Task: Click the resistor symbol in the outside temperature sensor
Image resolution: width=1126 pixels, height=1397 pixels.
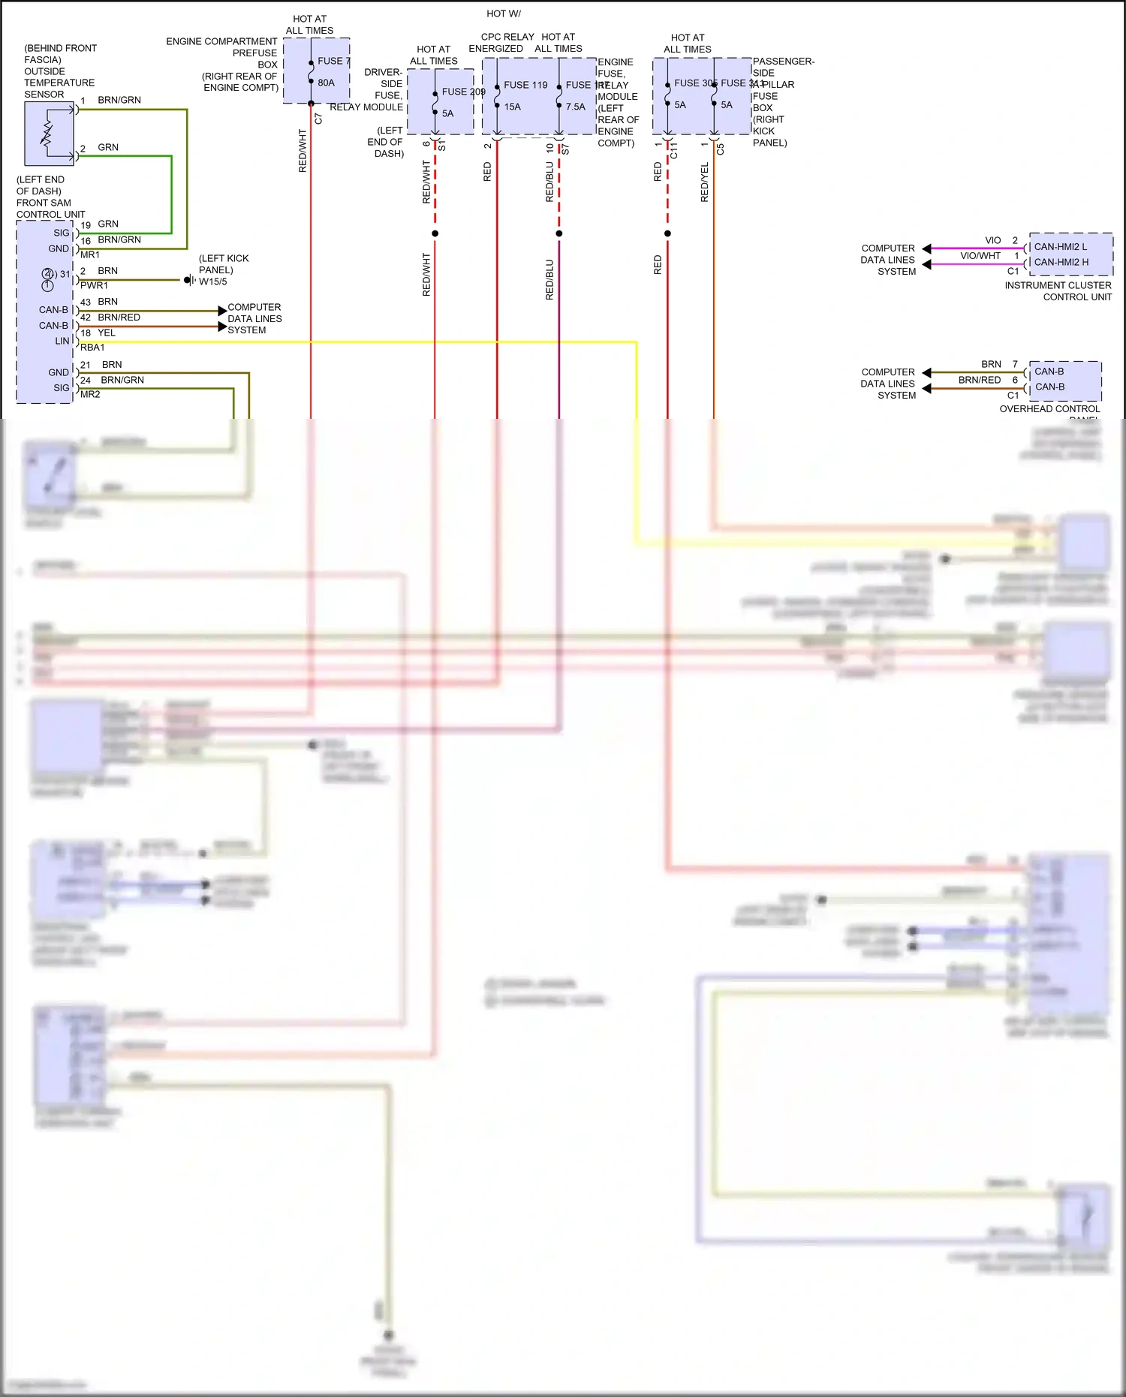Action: pyautogui.click(x=47, y=134)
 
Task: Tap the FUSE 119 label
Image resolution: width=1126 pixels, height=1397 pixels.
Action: pyautogui.click(x=525, y=85)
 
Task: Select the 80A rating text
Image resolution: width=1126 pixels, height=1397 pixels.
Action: pyautogui.click(x=326, y=83)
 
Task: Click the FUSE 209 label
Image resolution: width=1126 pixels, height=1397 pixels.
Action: pyautogui.click(x=462, y=92)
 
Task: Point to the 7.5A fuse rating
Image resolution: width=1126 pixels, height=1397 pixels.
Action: pyautogui.click(x=575, y=107)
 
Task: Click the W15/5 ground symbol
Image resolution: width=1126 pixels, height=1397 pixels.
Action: pyautogui.click(x=188, y=280)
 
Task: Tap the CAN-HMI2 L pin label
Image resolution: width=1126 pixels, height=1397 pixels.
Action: pyautogui.click(x=1060, y=246)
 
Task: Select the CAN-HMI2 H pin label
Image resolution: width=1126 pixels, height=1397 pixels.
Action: pyautogui.click(x=1061, y=262)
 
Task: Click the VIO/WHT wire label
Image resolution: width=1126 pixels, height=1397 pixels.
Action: pyautogui.click(x=980, y=256)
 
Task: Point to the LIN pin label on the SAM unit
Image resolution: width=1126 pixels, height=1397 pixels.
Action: pyautogui.click(x=62, y=341)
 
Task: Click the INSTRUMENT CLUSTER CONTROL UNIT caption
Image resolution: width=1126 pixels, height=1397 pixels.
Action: pyautogui.click(x=1058, y=291)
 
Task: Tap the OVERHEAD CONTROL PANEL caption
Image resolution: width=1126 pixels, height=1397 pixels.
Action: pyautogui.click(x=1049, y=409)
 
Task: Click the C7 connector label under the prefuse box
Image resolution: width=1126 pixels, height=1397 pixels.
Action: pyautogui.click(x=318, y=119)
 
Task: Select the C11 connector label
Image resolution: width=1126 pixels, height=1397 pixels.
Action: pyautogui.click(x=674, y=149)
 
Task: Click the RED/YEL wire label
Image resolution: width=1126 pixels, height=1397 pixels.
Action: pyautogui.click(x=704, y=182)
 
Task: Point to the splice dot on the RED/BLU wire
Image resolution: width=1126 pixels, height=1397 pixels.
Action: pyautogui.click(x=558, y=233)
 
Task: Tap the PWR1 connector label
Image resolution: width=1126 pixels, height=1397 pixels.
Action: pyautogui.click(x=94, y=285)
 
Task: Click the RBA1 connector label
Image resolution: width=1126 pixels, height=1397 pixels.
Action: pyautogui.click(x=92, y=348)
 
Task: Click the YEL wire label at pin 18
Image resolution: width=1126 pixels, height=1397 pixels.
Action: pyautogui.click(x=107, y=333)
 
